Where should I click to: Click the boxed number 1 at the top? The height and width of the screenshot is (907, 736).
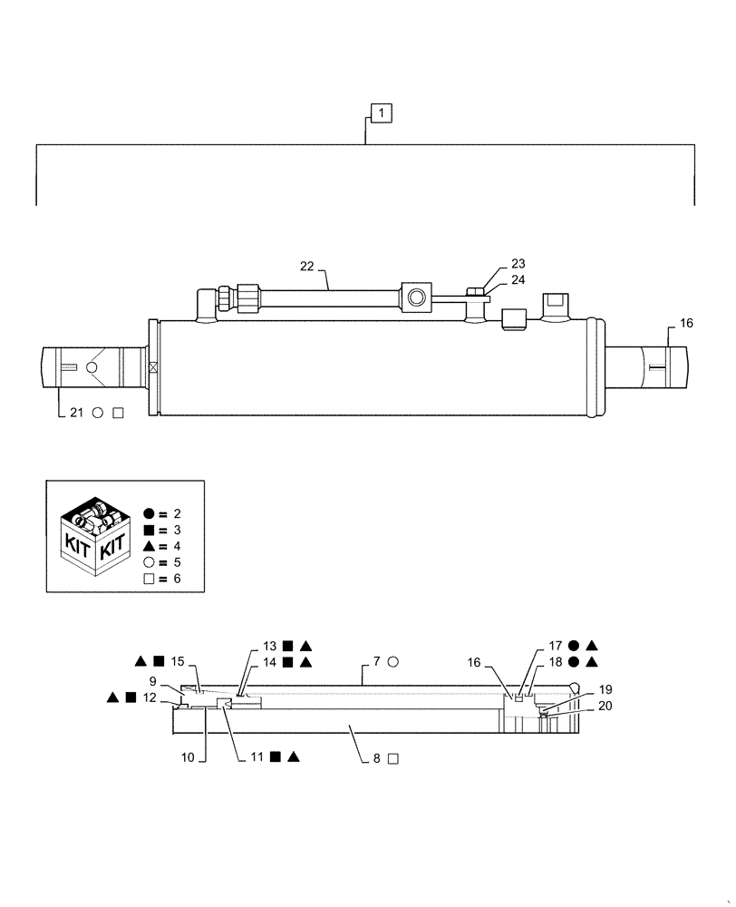click(382, 113)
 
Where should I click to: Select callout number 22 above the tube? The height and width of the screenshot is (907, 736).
click(308, 266)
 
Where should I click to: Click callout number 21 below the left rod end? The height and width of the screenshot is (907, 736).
click(76, 413)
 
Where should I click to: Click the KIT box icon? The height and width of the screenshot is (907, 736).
click(92, 536)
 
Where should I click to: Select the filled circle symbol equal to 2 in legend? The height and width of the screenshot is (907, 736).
click(149, 513)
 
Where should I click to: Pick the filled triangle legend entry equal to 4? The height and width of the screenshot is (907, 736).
click(149, 546)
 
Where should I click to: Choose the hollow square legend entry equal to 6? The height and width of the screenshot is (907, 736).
click(149, 579)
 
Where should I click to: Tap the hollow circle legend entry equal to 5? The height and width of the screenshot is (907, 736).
click(149, 562)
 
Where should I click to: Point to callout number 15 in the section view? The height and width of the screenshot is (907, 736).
click(177, 661)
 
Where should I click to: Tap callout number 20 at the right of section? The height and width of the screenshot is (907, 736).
click(604, 705)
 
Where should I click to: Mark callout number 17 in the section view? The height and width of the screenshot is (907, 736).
click(556, 646)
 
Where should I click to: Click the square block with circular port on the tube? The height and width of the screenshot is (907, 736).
click(416, 296)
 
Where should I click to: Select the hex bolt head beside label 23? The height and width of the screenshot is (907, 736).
click(474, 291)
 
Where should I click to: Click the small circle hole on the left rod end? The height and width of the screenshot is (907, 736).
click(91, 368)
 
